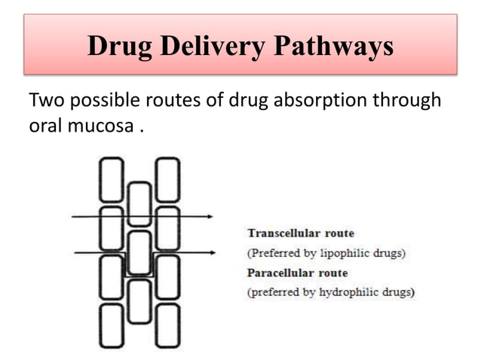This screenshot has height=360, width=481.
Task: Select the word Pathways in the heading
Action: [x=329, y=47]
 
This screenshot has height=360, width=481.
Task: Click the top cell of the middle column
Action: [x=139, y=204]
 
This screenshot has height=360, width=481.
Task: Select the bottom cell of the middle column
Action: [x=139, y=301]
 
